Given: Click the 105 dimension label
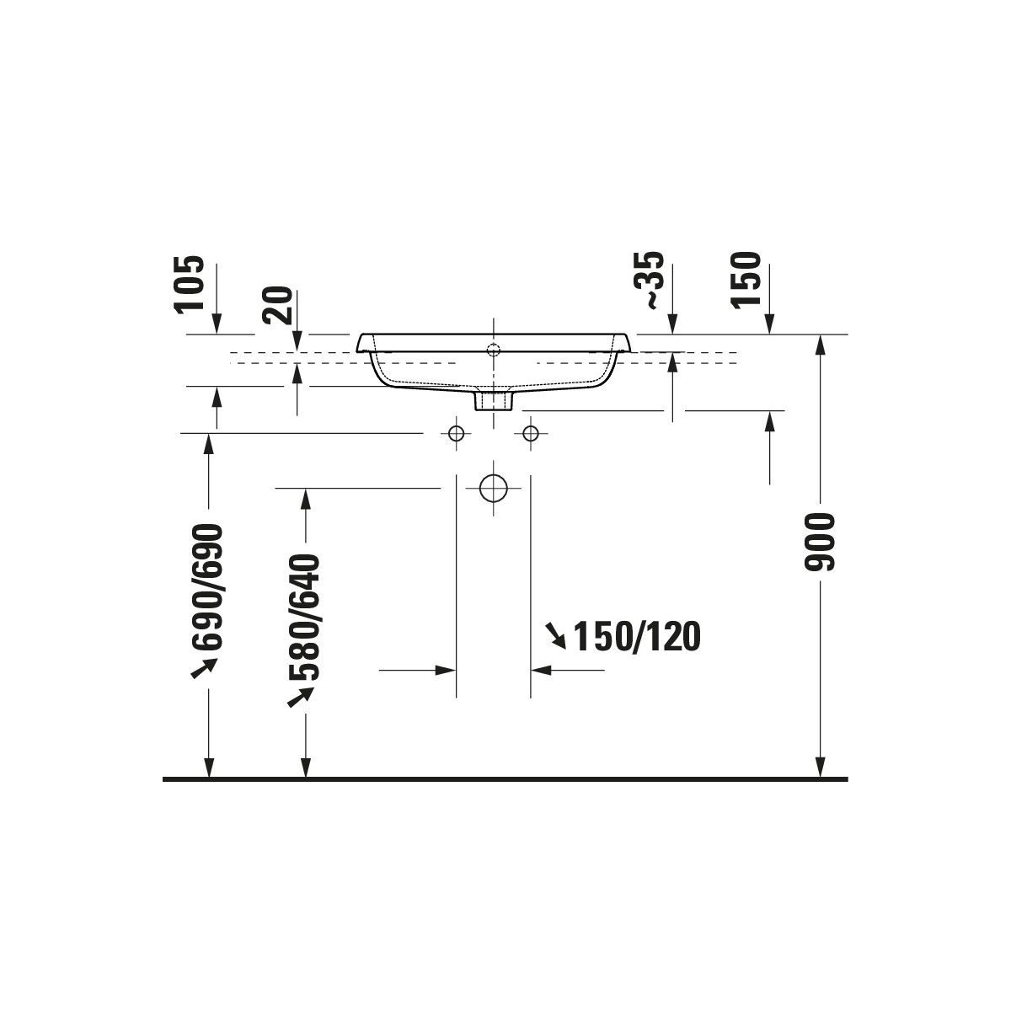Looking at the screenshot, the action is [190, 284].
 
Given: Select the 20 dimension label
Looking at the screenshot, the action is [277, 305].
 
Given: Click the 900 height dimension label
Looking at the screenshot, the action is [818, 542].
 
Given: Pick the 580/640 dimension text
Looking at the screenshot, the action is [304, 617].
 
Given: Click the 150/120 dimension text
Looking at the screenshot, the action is [637, 637].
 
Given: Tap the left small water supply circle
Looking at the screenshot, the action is [456, 433].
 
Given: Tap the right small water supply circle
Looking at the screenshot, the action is [531, 433].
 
